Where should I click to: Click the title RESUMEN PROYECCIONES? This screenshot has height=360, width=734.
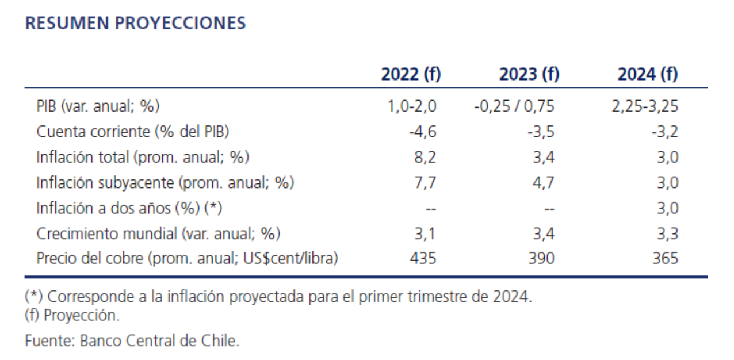point(136,23)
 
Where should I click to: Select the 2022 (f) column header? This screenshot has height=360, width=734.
point(411,74)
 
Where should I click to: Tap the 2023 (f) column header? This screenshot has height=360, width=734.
point(529,74)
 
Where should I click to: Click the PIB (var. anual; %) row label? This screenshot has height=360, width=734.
point(98,106)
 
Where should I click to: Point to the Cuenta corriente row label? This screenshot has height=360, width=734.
point(133,131)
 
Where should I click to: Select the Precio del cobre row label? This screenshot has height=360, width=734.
point(187,258)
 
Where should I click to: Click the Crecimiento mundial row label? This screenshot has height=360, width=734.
point(158,233)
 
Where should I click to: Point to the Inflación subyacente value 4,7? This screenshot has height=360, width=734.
point(543,182)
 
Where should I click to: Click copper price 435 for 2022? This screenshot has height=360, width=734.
point(423,258)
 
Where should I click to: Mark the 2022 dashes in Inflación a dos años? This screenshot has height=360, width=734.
point(429,209)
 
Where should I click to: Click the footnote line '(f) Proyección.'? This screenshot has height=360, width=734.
point(72,315)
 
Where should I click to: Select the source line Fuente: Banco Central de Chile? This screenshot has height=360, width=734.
point(132,340)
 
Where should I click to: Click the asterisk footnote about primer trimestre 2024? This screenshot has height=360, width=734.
point(278,297)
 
